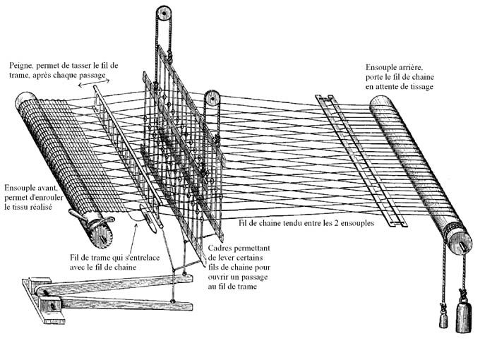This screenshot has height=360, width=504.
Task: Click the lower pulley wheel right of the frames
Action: (212, 98)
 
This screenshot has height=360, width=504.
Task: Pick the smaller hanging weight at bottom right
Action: (443, 319)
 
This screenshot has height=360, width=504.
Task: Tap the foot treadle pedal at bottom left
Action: (106, 293)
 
